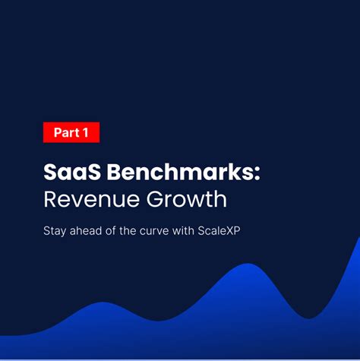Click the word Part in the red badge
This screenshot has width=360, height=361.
coord(66,132)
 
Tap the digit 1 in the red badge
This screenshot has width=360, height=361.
coord(86,132)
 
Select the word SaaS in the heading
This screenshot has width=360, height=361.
coord(72,173)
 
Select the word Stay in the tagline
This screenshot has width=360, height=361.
coord(54,231)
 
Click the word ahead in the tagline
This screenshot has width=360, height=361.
coord(87,231)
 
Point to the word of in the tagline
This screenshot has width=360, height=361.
coord(117,231)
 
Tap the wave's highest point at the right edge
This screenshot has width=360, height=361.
coord(358,240)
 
